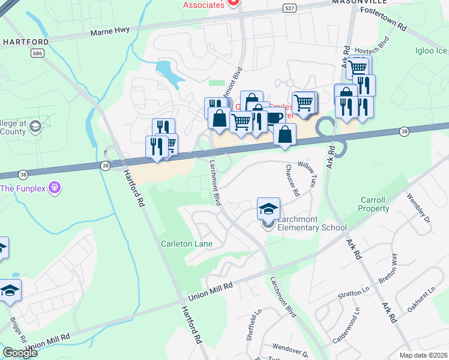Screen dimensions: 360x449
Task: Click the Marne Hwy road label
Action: pos(111,32)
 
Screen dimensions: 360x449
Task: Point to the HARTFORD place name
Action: pos(25,41)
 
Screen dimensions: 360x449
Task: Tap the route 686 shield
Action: pos(37,53)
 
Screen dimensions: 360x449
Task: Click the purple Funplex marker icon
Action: pos(55,188)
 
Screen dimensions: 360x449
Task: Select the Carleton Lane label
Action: pos(187,244)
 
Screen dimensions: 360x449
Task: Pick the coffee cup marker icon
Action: pos(275,118)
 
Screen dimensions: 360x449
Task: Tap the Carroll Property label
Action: pos(374,204)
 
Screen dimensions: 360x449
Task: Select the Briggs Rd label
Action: pos(18,326)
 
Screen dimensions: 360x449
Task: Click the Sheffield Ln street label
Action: pos(252,325)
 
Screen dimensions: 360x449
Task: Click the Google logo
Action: pos(20,353)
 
